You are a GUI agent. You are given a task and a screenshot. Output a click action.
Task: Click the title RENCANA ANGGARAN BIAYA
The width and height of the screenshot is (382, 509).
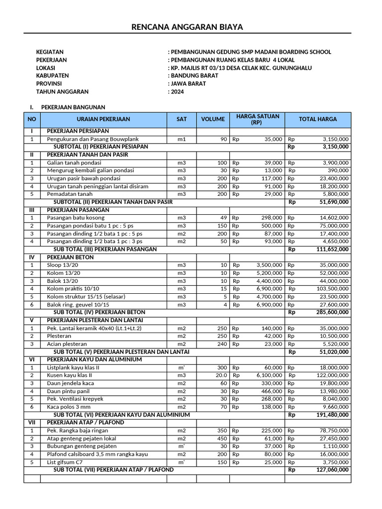point(187,27)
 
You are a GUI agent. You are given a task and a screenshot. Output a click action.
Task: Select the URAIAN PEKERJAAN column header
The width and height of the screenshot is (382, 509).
point(103,119)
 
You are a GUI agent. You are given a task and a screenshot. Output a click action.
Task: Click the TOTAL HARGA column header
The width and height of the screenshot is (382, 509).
point(317,119)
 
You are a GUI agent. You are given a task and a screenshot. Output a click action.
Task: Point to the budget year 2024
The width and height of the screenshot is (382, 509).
point(177,91)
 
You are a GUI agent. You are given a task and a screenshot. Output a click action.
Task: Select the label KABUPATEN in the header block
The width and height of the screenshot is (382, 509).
point(52,76)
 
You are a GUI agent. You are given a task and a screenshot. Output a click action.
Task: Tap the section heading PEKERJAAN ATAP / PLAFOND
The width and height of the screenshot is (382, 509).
point(85,422)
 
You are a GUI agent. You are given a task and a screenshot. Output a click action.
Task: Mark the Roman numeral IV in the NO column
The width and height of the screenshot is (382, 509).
point(32,257)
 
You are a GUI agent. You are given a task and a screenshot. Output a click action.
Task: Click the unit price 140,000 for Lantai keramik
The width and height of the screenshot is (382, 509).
point(272,328)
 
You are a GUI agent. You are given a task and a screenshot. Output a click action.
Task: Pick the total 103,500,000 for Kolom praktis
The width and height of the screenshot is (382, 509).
point(331,289)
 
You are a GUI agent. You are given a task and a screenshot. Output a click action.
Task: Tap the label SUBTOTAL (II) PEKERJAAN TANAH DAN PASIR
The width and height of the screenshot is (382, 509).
point(113,202)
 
